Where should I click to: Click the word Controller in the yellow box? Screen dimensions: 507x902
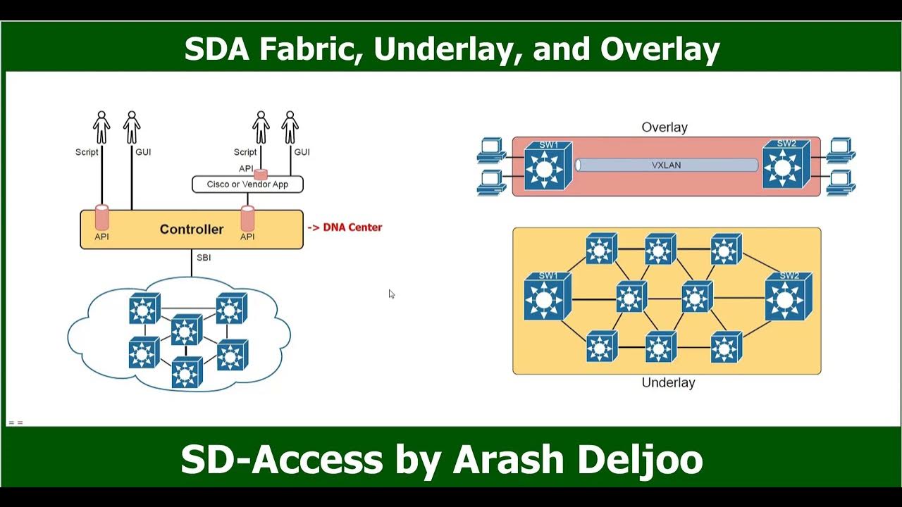191,229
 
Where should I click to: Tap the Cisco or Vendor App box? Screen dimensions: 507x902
247,184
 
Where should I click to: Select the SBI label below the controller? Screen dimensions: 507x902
204,258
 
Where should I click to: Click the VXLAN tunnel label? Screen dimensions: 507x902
666,165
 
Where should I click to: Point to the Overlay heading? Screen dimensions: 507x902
665,127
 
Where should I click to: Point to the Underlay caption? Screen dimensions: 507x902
668,382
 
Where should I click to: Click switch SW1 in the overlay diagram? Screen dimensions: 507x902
548,166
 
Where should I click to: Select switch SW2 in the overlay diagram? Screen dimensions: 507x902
786,165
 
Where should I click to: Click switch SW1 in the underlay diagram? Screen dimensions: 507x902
548,296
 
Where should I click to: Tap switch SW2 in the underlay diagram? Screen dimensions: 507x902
788,296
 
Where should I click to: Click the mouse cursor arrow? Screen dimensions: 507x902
391,294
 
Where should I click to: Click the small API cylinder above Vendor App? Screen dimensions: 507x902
261,173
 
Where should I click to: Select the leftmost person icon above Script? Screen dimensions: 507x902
101,127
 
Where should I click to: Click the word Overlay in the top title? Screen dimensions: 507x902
660,49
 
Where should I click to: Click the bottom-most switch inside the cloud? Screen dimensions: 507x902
187,373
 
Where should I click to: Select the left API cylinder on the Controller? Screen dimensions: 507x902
101,218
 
